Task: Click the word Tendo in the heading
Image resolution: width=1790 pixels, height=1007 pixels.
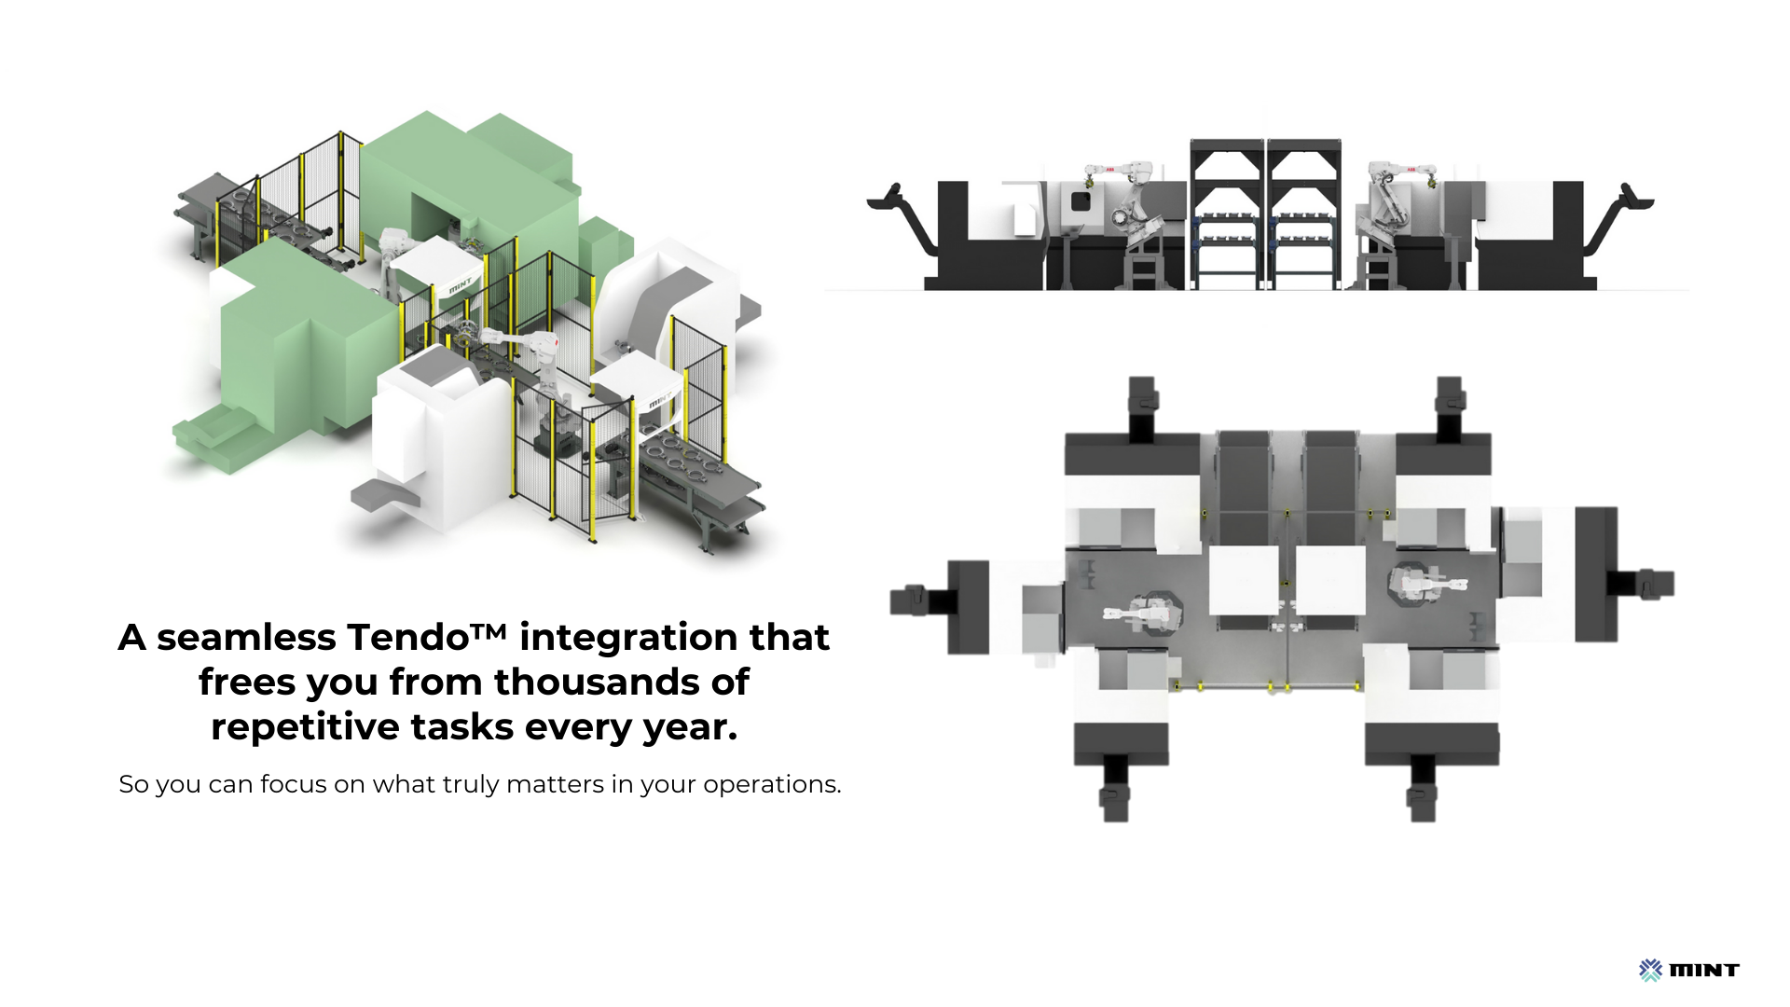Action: coord(407,637)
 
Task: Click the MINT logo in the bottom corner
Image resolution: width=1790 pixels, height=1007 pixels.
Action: coord(1688,970)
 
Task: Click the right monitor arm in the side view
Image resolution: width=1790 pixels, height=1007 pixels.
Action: coord(1618,214)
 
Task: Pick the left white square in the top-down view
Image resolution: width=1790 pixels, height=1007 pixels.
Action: coord(1244,580)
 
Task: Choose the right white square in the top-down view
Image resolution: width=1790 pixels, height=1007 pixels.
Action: coord(1330,580)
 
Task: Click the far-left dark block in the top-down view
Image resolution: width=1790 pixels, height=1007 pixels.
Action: coord(968,607)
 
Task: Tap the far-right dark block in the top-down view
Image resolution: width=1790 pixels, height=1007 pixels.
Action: coord(1596,574)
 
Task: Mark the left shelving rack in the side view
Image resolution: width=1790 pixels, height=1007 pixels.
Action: coord(1227,214)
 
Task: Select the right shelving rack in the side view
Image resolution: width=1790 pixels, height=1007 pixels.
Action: coord(1304,214)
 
